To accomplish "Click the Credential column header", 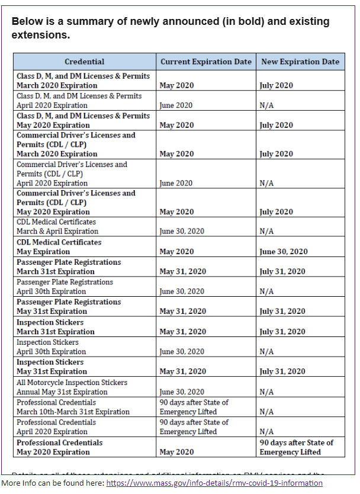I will pyautogui.click(x=84, y=62).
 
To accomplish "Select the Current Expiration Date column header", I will pyautogui.click(x=205, y=62).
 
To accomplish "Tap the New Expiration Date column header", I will pyautogui.click(x=300, y=62).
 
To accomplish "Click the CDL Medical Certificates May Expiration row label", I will pyautogui.click(x=59, y=247).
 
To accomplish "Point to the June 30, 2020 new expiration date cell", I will pyautogui.click(x=284, y=252).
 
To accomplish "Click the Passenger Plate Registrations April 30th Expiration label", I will pyautogui.click(x=65, y=287).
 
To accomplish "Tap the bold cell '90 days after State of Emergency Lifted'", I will pyautogui.click(x=296, y=447).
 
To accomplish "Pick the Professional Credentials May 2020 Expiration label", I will pyautogui.click(x=59, y=447).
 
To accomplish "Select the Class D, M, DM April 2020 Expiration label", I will pyautogui.click(x=79, y=101).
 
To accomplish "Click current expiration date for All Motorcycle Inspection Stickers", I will pyautogui.click(x=182, y=392).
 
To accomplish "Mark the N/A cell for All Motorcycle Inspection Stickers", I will pyautogui.click(x=266, y=392).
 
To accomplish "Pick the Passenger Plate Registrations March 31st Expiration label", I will pyautogui.click(x=68, y=267).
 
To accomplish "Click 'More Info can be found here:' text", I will pyautogui.click(x=52, y=483).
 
